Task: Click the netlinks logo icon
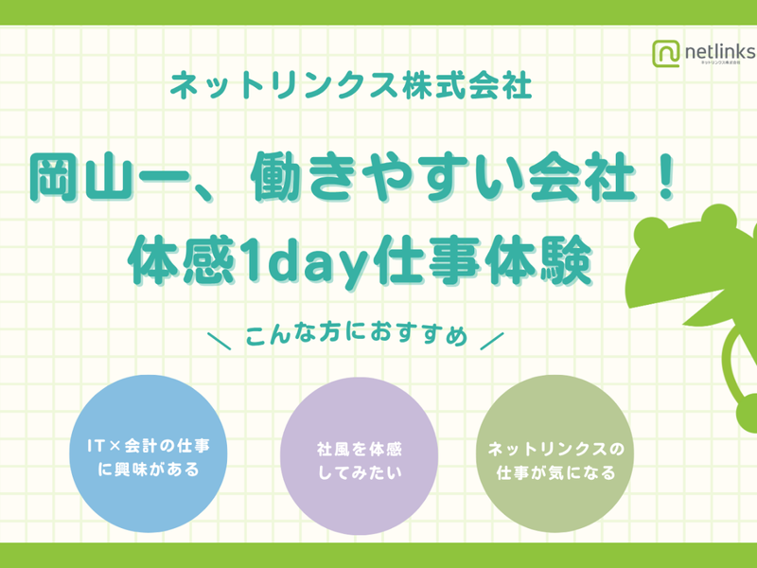(x=665, y=53)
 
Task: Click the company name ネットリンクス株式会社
(x=350, y=88)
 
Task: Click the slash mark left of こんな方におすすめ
(x=219, y=339)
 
